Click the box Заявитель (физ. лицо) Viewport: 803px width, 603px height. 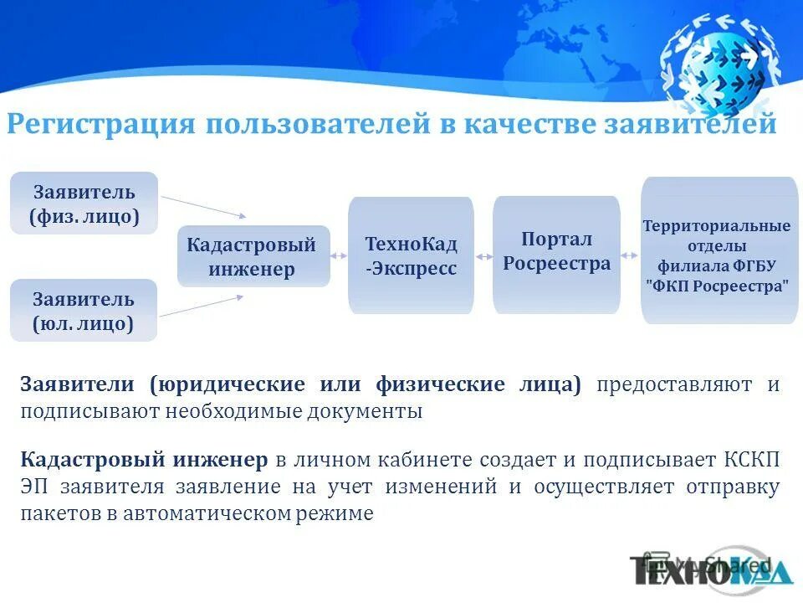[84, 204]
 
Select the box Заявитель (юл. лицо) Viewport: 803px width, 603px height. [84, 311]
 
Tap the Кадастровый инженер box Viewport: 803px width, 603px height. [253, 256]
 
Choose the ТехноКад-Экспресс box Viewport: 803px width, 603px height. [411, 255]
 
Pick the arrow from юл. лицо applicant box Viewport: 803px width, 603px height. [202, 305]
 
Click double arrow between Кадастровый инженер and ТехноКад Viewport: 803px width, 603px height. [340, 256]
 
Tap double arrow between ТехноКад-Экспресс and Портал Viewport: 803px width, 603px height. [483, 256]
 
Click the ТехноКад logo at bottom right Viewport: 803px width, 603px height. [711, 569]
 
